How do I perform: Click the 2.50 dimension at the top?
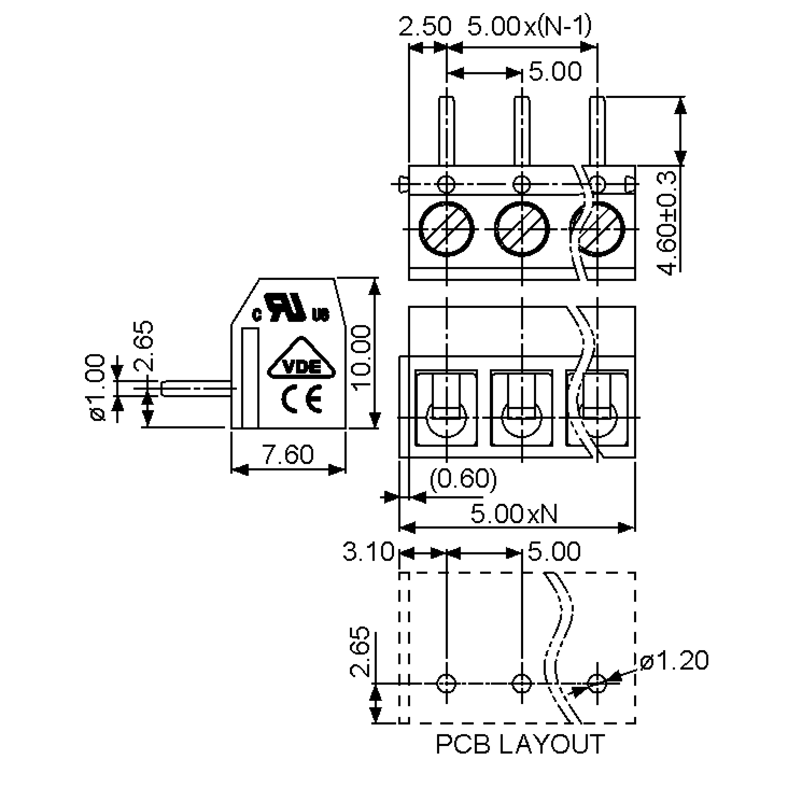[x=425, y=27]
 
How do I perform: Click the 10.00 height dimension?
[x=362, y=358]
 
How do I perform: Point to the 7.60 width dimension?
[x=288, y=454]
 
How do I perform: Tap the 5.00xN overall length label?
[x=514, y=514]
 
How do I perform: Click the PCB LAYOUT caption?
[x=520, y=744]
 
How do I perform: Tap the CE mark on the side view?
[x=301, y=399]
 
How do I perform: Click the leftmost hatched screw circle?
[x=446, y=229]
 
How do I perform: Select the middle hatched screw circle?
[x=522, y=229]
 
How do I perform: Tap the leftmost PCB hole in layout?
[x=446, y=683]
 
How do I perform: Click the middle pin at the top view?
[x=522, y=131]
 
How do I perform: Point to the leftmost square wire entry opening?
[x=446, y=408]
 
